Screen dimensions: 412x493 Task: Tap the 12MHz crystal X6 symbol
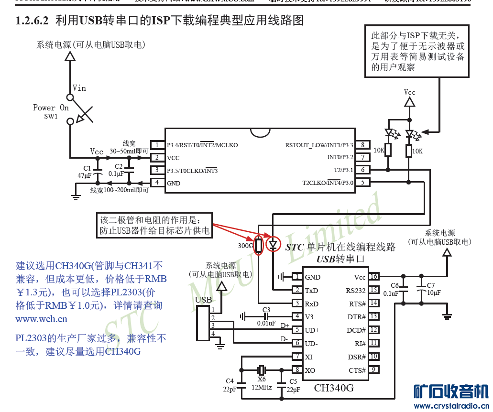click(261, 370)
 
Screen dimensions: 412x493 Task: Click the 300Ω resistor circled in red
click(259, 246)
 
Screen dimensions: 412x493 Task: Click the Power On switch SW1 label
click(51, 111)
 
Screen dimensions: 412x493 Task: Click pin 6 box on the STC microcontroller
click(363, 170)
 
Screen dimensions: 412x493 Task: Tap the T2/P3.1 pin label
click(343, 170)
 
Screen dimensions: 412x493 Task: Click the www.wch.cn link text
click(41, 319)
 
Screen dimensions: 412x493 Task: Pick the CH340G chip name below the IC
click(334, 388)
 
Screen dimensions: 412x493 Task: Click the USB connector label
click(204, 300)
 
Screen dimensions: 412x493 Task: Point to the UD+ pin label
click(312, 330)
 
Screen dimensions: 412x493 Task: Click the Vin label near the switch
click(79, 88)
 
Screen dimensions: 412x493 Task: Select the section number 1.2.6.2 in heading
click(32, 21)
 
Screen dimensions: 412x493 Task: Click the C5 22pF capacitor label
click(293, 385)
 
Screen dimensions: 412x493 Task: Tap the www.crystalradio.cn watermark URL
click(451, 406)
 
